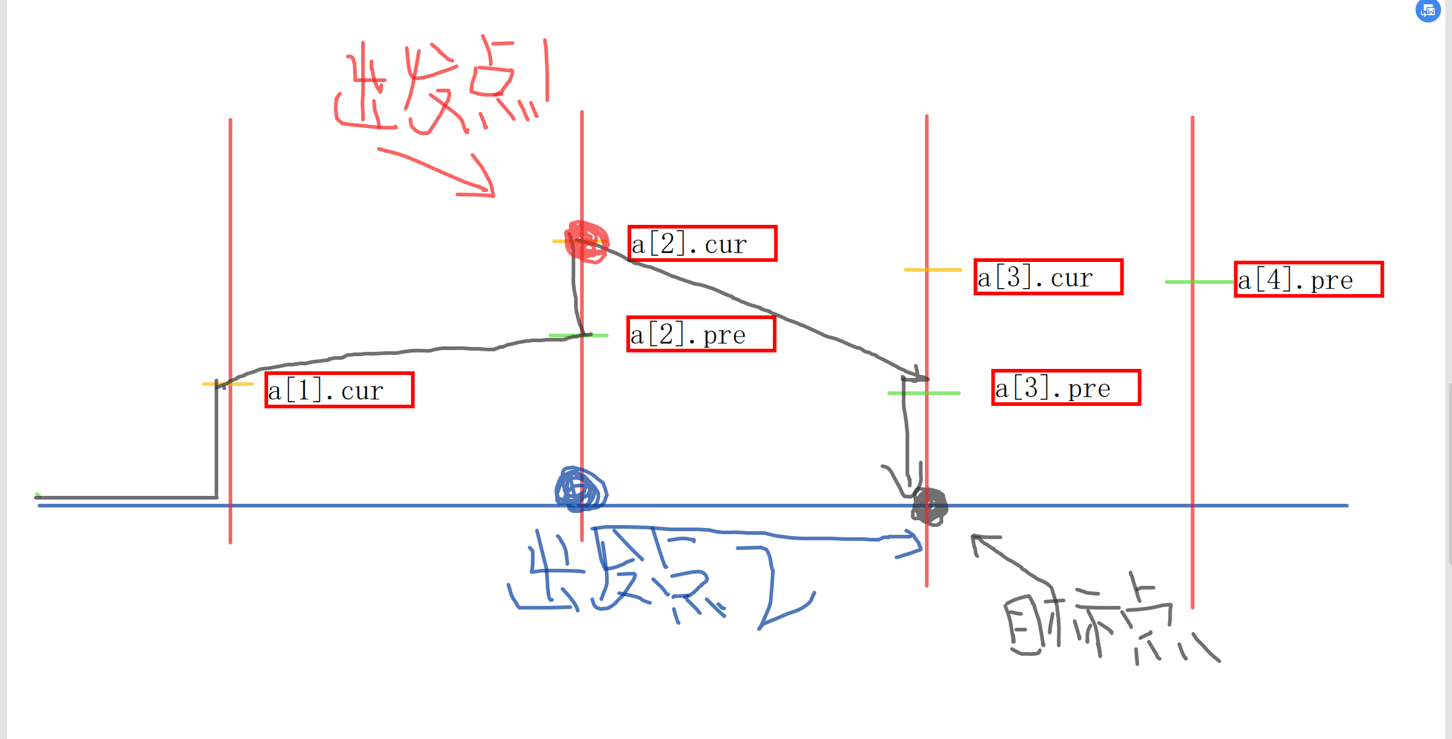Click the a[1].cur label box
(x=339, y=390)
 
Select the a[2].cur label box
(x=702, y=244)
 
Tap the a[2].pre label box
(x=701, y=334)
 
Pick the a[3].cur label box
(x=1048, y=277)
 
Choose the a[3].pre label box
(x=1066, y=388)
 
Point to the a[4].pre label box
(x=1309, y=280)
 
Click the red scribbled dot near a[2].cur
(x=587, y=242)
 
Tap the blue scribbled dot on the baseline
(x=581, y=489)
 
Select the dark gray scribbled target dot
(x=929, y=506)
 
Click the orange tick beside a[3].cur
(x=933, y=269)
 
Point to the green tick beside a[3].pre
(x=924, y=393)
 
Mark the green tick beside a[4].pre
(x=1198, y=282)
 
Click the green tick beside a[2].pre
(x=578, y=335)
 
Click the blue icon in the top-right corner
(x=1428, y=11)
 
